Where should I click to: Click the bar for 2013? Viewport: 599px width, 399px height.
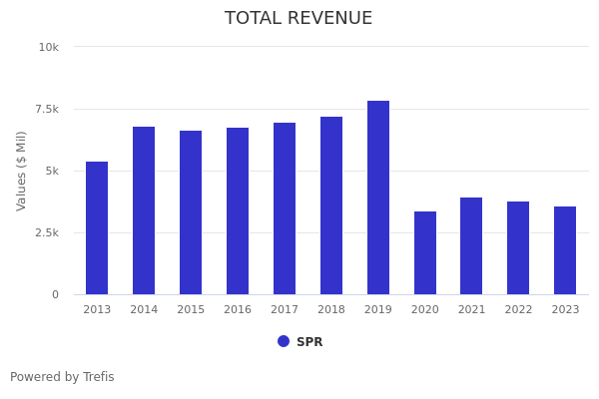[97, 228]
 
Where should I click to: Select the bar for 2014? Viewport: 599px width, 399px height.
[144, 210]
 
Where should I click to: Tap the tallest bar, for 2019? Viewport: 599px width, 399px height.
[378, 198]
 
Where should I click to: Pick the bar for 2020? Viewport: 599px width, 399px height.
[425, 253]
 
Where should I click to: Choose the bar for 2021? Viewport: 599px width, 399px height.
[471, 246]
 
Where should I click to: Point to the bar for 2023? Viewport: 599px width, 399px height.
[565, 250]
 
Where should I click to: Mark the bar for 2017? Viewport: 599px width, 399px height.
[285, 208]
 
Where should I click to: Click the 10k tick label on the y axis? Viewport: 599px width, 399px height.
[48, 47]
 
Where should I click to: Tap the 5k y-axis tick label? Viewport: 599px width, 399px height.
[51, 171]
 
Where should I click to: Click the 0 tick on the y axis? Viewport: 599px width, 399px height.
[55, 294]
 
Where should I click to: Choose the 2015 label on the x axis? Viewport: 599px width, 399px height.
[191, 310]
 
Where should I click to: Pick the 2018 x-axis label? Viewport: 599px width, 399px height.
[331, 310]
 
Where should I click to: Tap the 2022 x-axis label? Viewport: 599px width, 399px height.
[518, 310]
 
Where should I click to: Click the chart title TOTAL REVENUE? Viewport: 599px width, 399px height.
[299, 19]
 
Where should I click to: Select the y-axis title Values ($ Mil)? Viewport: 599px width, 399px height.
[22, 171]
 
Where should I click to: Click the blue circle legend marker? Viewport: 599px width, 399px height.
[284, 341]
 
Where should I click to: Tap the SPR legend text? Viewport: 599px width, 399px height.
[309, 342]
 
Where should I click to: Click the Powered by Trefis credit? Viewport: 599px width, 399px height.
[62, 377]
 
